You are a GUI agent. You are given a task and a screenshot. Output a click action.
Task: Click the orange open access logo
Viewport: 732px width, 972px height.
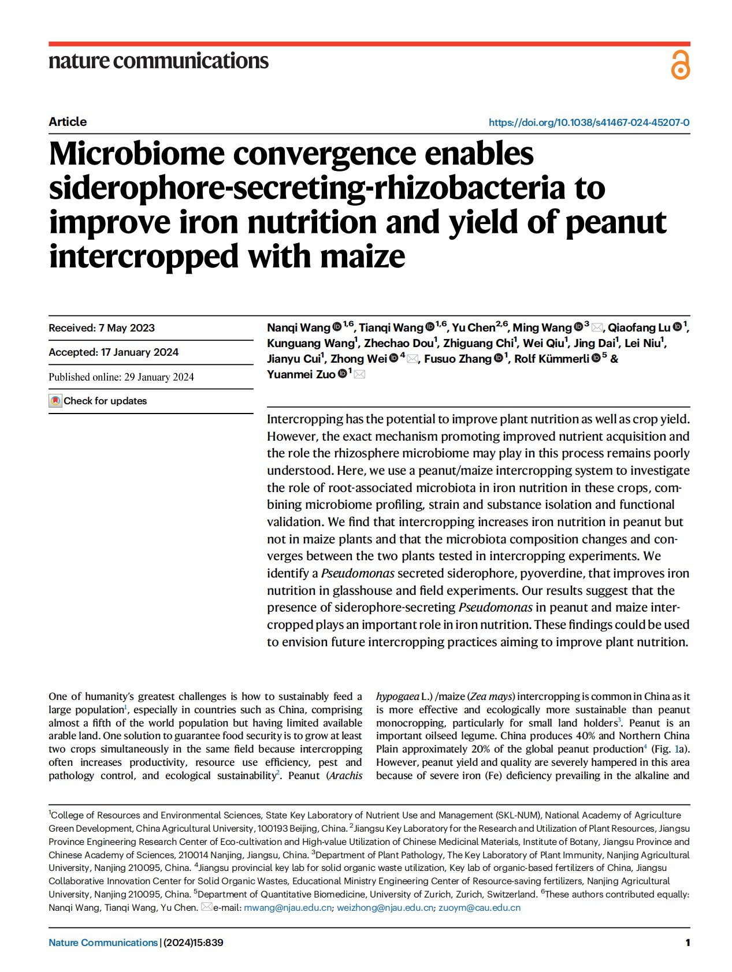pyautogui.click(x=680, y=65)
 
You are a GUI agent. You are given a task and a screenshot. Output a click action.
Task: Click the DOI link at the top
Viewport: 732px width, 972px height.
pyautogui.click(x=589, y=122)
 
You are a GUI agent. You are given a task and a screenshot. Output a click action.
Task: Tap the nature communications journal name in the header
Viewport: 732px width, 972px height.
pyautogui.click(x=158, y=61)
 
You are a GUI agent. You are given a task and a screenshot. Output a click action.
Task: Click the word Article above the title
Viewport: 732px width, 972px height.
pyautogui.click(x=68, y=122)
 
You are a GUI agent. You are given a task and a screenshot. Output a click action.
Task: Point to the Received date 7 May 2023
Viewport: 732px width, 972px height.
pyautogui.click(x=102, y=328)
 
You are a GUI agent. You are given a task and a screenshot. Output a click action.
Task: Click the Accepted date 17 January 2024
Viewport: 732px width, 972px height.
pyautogui.click(x=113, y=352)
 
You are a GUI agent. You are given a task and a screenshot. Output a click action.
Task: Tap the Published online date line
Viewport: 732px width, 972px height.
pyautogui.click(x=121, y=377)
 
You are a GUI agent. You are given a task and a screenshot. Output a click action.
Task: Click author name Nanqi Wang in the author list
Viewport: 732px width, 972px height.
pyautogui.click(x=298, y=327)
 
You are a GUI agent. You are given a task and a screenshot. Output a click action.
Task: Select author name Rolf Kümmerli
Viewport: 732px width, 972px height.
pyautogui.click(x=552, y=359)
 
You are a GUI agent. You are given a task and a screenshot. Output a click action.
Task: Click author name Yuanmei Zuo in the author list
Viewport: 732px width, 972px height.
pyautogui.click(x=300, y=374)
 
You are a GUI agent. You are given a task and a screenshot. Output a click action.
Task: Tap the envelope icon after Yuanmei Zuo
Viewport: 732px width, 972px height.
pyautogui.click(x=359, y=375)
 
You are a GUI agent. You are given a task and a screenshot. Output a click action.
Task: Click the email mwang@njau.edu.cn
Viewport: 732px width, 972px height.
pyautogui.click(x=288, y=907)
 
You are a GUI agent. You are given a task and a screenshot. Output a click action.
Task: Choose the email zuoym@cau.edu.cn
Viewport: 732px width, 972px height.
pyautogui.click(x=479, y=907)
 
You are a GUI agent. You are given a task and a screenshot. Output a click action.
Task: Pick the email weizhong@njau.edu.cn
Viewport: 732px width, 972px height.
pyautogui.click(x=385, y=907)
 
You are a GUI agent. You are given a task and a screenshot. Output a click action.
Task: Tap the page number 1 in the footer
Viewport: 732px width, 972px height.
pyautogui.click(x=688, y=943)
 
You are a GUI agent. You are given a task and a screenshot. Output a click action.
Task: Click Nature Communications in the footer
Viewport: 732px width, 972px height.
pyautogui.click(x=103, y=943)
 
